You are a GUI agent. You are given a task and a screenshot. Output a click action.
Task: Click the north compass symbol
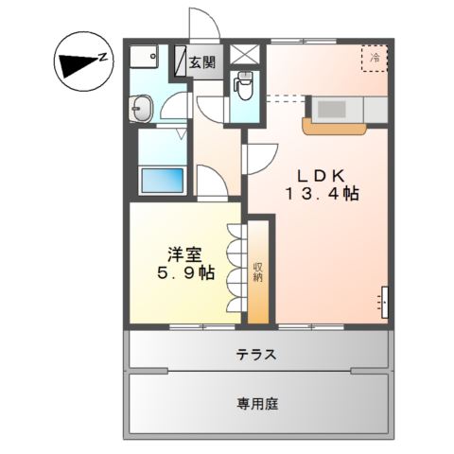coord(83,61)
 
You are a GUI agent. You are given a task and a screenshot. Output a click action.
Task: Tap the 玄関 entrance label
coord(202,62)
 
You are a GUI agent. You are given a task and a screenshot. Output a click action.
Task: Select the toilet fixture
coord(243,85)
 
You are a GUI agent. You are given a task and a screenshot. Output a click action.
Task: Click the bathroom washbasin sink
coord(141,109)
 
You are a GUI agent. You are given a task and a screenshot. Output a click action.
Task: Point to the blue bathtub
coord(163,181)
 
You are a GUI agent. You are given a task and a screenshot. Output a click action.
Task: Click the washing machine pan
coord(144,56)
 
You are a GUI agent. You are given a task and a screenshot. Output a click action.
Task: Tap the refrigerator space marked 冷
coord(375,59)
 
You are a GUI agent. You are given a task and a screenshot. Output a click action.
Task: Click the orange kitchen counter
coord(334,127)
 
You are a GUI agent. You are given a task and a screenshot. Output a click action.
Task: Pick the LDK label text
coord(322,176)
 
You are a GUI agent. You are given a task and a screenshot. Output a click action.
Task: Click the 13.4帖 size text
coord(323,194)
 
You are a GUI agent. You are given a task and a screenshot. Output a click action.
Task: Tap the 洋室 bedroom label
coord(184,254)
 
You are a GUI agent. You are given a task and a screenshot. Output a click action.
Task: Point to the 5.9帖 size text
coord(186,272)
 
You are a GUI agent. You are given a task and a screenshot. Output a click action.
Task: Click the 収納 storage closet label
coord(258,272)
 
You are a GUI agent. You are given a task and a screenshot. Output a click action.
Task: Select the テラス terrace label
coord(256,355)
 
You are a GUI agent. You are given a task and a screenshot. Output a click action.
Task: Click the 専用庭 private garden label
coord(257,404)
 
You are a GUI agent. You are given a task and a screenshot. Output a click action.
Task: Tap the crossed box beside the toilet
coord(245,55)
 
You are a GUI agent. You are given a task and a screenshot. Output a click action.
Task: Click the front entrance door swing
coord(204,24)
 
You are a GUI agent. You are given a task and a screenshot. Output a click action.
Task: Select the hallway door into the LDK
coord(261,159)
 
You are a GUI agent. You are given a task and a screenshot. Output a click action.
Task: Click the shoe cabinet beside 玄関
coord(181,61)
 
